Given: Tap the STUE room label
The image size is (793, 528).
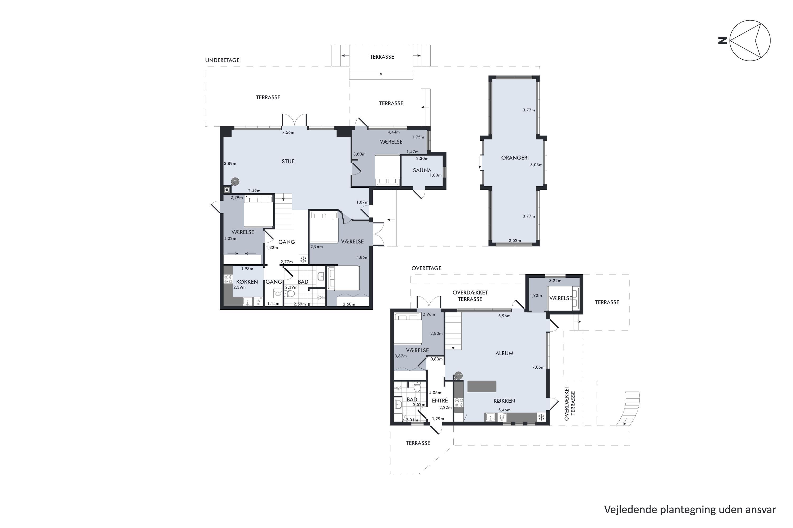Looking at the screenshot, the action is click(x=288, y=161).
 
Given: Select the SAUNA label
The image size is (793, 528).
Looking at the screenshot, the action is click(x=422, y=170).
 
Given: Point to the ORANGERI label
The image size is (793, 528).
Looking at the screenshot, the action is click(x=515, y=158).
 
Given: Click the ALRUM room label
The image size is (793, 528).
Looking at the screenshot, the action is click(x=504, y=353).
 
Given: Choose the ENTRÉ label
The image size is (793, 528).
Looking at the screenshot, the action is click(x=440, y=400).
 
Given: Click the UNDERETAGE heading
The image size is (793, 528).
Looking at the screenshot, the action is click(x=222, y=60).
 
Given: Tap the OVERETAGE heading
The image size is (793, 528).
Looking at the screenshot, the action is click(x=426, y=268).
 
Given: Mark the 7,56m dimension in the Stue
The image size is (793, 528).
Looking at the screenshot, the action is click(x=288, y=132).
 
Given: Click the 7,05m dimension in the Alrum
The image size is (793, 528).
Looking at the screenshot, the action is click(x=538, y=367).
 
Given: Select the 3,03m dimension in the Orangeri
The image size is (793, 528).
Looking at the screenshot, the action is click(x=536, y=165).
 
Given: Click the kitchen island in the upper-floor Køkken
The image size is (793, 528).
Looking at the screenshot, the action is click(x=482, y=386).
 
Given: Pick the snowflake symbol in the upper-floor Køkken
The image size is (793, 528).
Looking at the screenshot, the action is click(x=541, y=418).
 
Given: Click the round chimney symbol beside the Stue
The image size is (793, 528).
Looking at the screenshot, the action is click(x=227, y=190).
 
